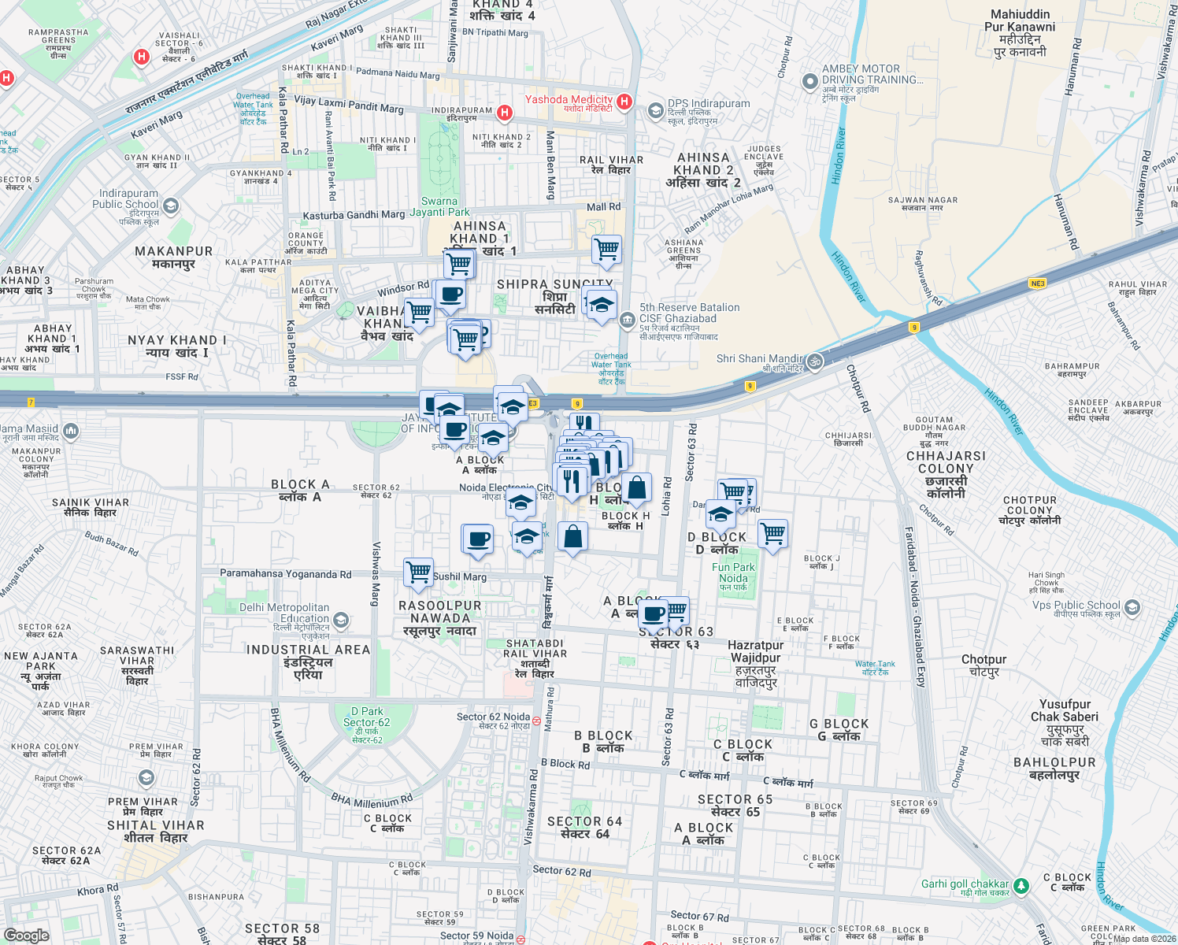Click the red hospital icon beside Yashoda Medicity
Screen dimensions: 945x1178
(x=624, y=101)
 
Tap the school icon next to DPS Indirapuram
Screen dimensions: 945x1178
(x=655, y=111)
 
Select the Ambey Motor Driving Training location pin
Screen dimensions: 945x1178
(x=809, y=81)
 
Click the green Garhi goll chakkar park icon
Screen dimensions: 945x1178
(x=1021, y=886)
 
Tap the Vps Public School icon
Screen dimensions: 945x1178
(x=1132, y=607)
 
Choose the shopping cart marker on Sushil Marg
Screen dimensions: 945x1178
(x=418, y=571)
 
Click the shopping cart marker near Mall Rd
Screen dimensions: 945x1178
(x=606, y=250)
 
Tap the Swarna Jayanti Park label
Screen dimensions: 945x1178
(x=439, y=206)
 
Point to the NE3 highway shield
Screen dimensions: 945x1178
(x=1037, y=283)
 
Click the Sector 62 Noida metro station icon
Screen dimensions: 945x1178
(x=537, y=721)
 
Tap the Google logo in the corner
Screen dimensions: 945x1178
(x=27, y=935)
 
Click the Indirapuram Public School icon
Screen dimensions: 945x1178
(x=171, y=206)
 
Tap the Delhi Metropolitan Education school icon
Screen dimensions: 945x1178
(x=340, y=621)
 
